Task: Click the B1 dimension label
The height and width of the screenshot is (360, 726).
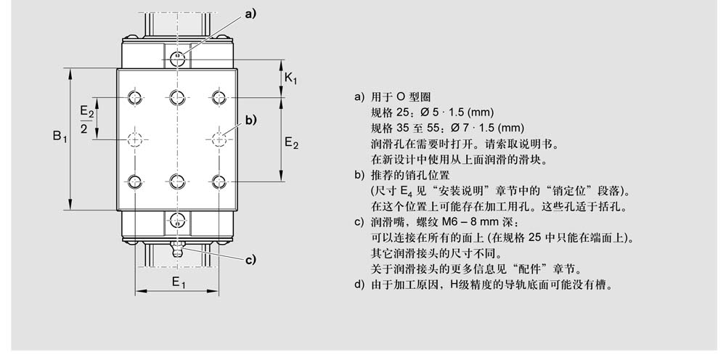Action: [59, 136]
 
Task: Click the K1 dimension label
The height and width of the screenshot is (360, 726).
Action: [290, 78]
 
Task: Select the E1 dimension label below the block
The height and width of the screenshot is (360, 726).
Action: [178, 282]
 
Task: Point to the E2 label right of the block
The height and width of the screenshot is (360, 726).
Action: [291, 143]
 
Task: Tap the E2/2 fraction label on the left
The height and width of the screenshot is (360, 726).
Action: [86, 118]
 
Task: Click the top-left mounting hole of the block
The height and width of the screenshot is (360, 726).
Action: [136, 97]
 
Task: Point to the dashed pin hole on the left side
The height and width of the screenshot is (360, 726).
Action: [136, 139]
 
